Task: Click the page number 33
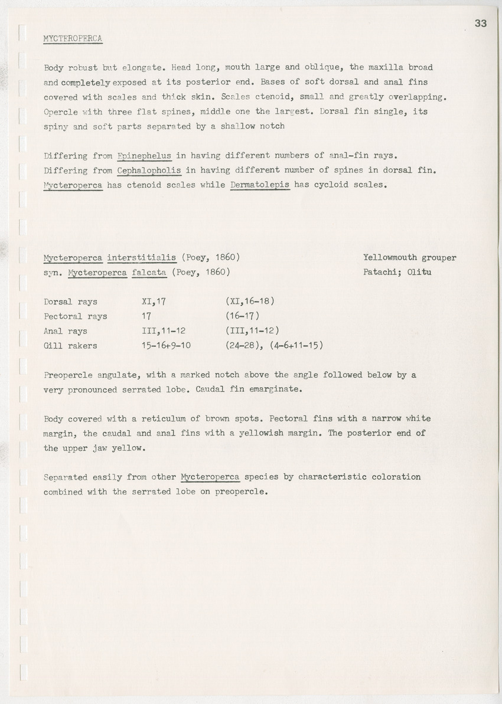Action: click(x=480, y=24)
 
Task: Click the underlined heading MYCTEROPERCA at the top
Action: click(x=73, y=39)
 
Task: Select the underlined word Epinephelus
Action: click(x=144, y=156)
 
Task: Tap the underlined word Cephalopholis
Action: click(x=149, y=171)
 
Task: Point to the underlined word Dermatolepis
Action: click(x=260, y=185)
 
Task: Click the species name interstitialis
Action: click(x=142, y=257)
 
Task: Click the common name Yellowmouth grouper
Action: click(x=409, y=257)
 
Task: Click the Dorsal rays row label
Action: click(x=70, y=302)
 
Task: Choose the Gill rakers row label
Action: click(x=70, y=346)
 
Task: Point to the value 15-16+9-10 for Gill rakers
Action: click(x=166, y=346)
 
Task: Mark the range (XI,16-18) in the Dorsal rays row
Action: click(x=250, y=302)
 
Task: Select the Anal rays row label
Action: click(x=65, y=331)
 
